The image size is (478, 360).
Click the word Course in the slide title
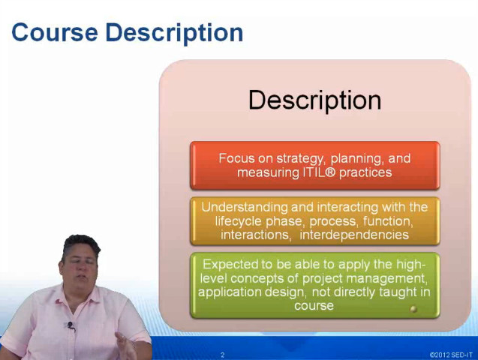[x=55, y=32]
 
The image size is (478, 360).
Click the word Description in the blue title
[x=174, y=34]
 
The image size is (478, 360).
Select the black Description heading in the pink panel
[x=315, y=100]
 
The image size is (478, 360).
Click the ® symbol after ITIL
[x=330, y=172]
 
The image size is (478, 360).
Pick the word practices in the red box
[x=365, y=173]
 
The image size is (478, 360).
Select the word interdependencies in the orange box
[x=354, y=235]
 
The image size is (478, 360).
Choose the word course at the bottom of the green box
[x=314, y=306]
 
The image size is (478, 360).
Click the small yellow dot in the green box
[x=413, y=309]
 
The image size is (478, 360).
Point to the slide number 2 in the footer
[x=223, y=355]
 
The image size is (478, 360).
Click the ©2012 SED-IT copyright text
[x=451, y=355]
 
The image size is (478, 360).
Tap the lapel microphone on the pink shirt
[x=71, y=325]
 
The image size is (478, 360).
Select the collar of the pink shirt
[x=77, y=300]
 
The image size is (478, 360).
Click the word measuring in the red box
[x=269, y=173]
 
